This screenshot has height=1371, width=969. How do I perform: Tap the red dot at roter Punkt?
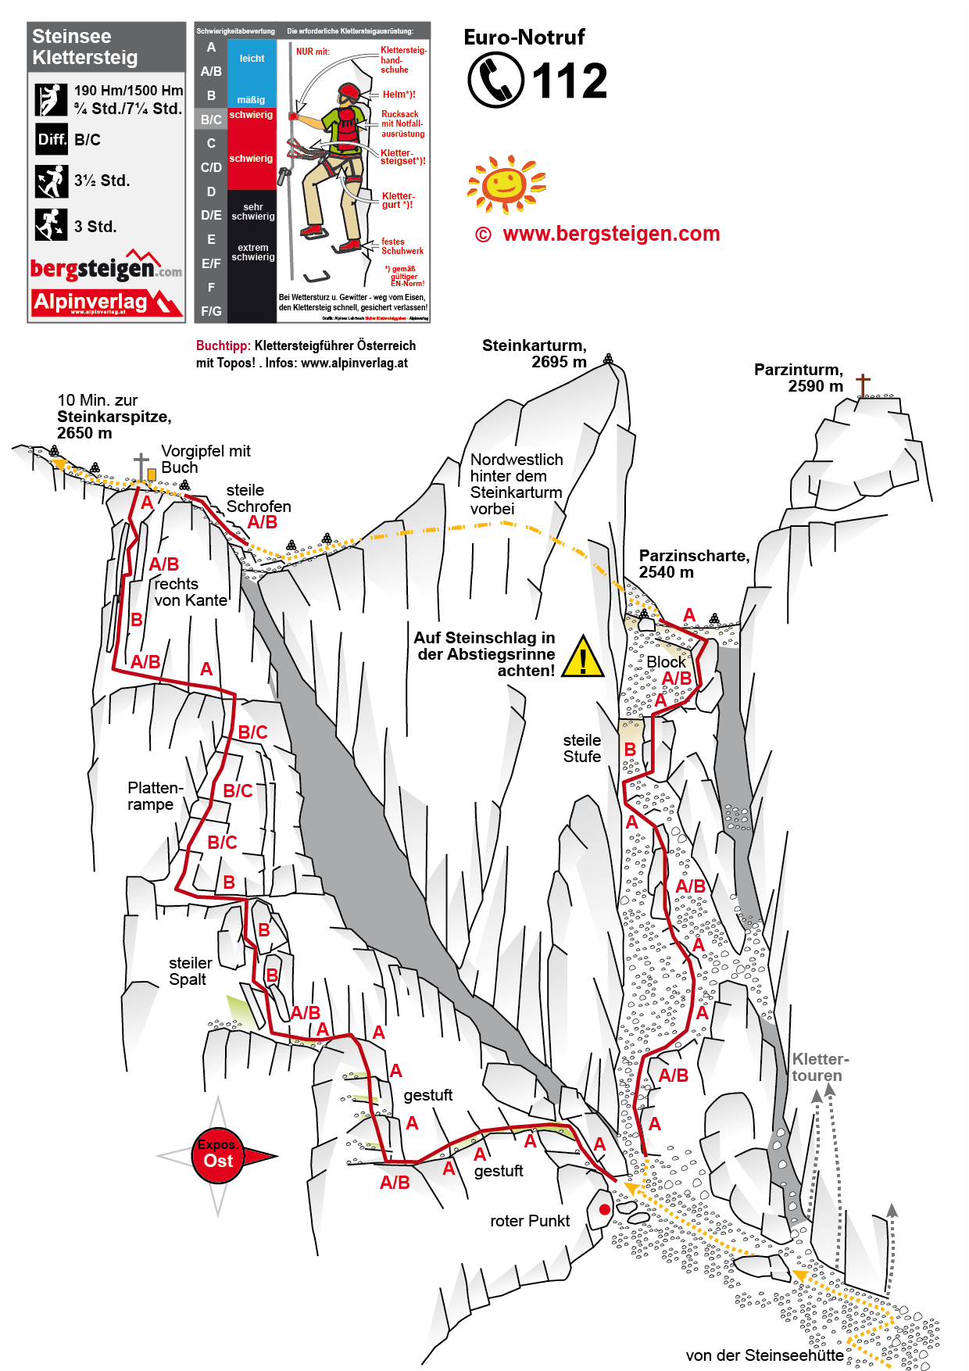(604, 1210)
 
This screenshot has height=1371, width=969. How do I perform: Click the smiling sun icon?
(505, 184)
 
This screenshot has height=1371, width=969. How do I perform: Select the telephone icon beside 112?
(495, 80)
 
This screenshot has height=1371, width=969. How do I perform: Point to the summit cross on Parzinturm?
(863, 385)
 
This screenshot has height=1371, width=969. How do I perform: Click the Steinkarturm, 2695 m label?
(535, 353)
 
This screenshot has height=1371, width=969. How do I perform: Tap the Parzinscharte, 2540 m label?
(694, 564)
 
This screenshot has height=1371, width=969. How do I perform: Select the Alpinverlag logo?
(106, 302)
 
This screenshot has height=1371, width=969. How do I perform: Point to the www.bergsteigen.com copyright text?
(598, 234)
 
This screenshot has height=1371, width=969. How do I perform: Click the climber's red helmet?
(349, 92)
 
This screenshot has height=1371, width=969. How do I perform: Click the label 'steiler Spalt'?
(190, 972)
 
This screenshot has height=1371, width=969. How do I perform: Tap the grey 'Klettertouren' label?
(820, 1068)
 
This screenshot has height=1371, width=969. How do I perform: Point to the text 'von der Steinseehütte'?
(764, 1355)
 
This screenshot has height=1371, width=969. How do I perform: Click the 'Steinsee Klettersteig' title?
(85, 47)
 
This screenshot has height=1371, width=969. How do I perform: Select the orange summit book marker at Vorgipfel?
(152, 474)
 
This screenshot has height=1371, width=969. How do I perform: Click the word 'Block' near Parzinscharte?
(666, 662)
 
